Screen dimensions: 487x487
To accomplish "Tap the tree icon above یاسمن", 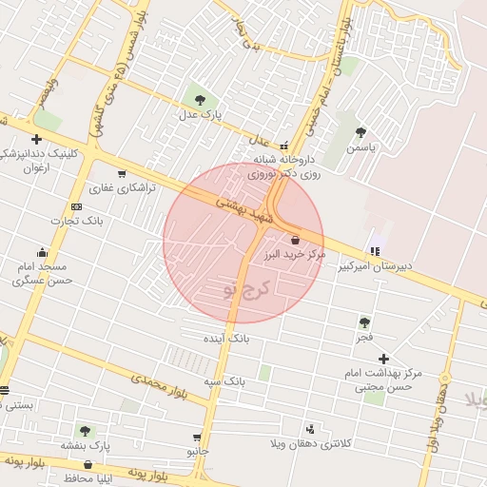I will [360, 132].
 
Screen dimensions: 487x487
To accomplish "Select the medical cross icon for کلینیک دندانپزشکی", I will [36, 139].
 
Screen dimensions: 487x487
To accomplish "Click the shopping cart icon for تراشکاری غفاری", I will [122, 174].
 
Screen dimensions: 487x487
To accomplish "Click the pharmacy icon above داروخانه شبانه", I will [283, 145].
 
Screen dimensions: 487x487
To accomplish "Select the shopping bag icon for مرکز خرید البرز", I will [296, 241].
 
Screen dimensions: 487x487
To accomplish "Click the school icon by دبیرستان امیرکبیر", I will [375, 251].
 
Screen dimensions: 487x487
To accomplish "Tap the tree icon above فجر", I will [364, 322].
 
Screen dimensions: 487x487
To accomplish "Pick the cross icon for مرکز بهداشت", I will [383, 359].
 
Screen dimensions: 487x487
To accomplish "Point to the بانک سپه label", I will [224, 380].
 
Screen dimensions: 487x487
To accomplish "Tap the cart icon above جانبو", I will [197, 436].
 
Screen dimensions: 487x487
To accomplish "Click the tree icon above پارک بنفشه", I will [86, 431].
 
